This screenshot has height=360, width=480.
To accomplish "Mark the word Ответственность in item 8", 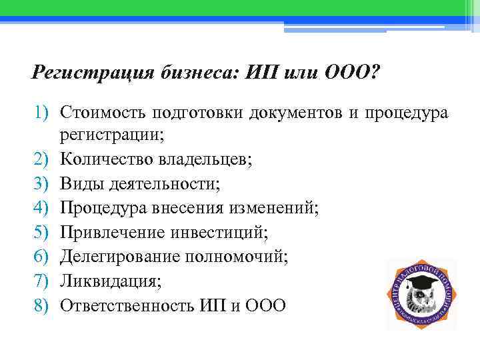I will [x=127, y=305].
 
